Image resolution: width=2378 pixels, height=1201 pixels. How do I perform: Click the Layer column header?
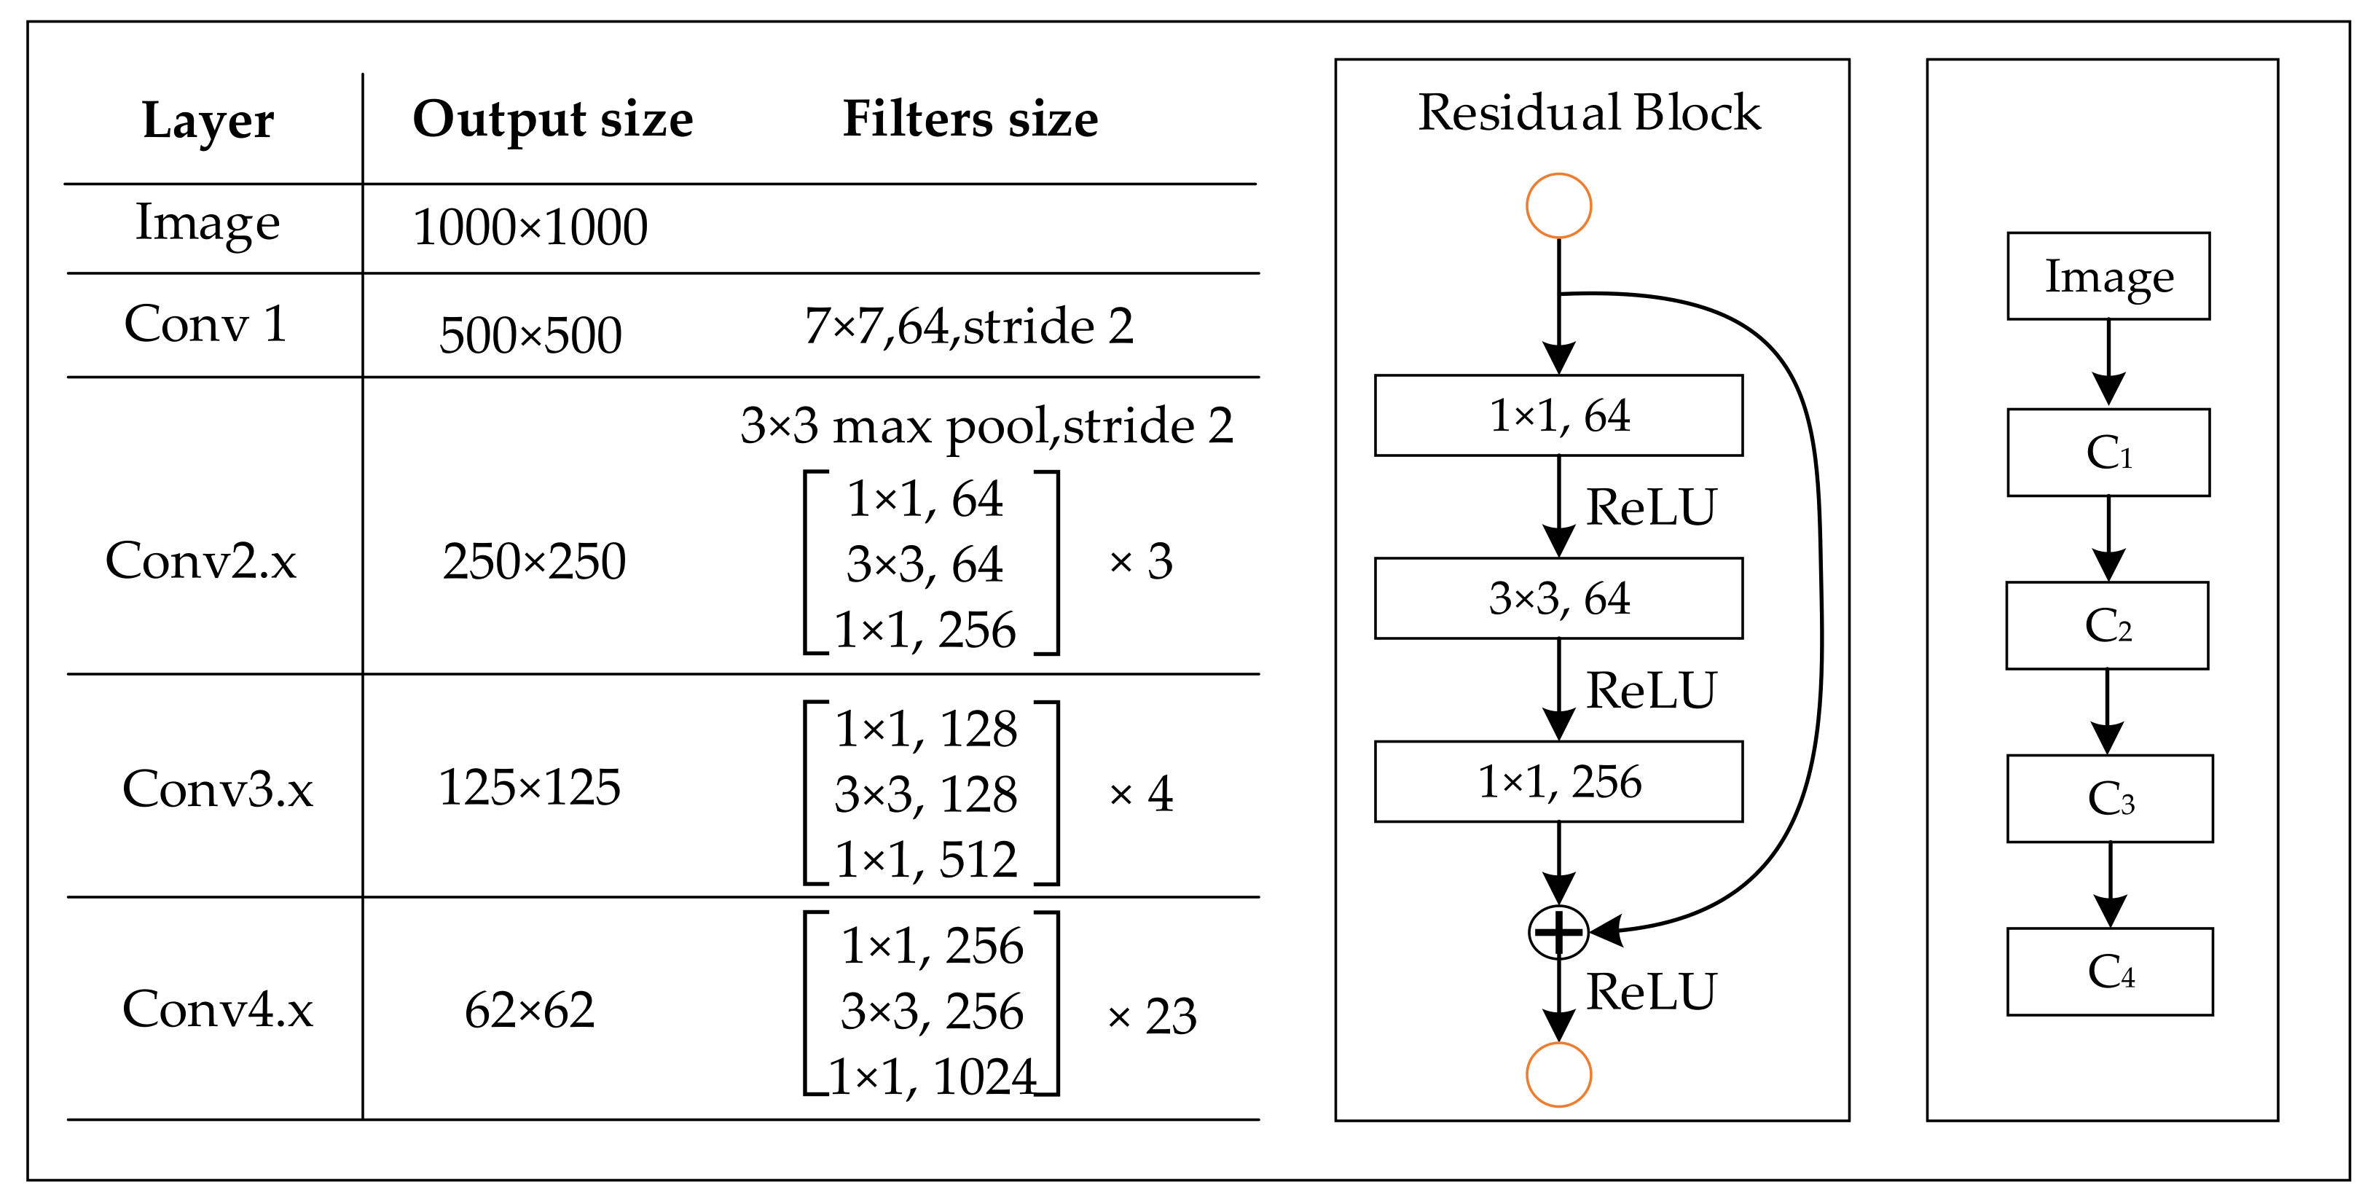(x=208, y=121)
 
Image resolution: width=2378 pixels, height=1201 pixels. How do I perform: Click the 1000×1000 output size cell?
(x=530, y=227)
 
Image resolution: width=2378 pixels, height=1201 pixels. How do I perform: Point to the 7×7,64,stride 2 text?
(x=968, y=326)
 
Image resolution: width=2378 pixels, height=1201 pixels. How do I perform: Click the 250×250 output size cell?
(x=533, y=561)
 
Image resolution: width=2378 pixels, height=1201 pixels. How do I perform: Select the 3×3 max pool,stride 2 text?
(x=986, y=426)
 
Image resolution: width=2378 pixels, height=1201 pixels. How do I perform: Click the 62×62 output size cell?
(x=529, y=1010)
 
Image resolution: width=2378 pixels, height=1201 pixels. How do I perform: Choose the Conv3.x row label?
(x=217, y=789)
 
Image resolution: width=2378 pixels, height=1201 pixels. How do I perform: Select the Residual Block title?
(x=1589, y=113)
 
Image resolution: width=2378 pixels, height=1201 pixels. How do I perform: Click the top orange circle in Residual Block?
(x=1558, y=205)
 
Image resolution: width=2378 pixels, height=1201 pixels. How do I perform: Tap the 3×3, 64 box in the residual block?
(x=1558, y=598)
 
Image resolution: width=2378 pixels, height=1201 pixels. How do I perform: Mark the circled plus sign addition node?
(x=1558, y=931)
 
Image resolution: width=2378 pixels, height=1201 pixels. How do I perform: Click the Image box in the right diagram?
(x=2108, y=276)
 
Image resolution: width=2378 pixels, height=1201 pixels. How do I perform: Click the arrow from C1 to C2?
(x=2108, y=539)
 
